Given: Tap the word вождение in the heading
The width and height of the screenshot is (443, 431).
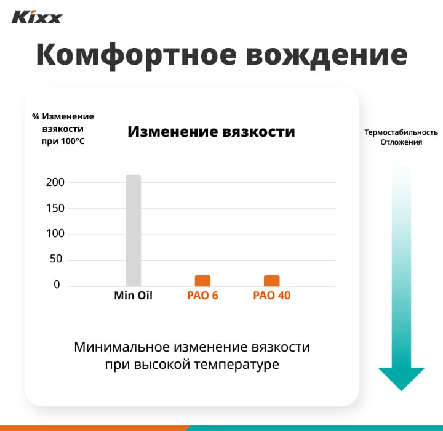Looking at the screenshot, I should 326,55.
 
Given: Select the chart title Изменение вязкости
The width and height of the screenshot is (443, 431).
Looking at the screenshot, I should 211,132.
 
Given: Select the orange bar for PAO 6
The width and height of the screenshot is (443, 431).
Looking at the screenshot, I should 202,280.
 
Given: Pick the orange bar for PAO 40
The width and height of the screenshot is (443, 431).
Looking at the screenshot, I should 271,280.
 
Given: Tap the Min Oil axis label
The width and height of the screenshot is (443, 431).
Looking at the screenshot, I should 133,296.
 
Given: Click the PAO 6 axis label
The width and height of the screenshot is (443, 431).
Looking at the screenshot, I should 202,296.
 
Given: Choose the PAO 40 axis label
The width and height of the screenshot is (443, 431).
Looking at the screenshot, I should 271,296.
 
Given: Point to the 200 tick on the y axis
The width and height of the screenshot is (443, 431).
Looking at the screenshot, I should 54,183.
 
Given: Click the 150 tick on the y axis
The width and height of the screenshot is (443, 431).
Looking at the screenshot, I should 54,208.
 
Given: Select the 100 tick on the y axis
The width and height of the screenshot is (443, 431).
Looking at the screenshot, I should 54,234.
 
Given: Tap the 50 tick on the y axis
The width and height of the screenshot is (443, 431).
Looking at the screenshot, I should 56,259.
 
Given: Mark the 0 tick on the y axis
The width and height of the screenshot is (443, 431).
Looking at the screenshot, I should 57,285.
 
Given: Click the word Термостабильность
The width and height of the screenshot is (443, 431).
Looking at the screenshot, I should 401,132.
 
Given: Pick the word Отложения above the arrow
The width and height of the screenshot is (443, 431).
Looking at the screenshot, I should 401,143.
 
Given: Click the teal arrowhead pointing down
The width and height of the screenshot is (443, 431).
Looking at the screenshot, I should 401,377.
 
